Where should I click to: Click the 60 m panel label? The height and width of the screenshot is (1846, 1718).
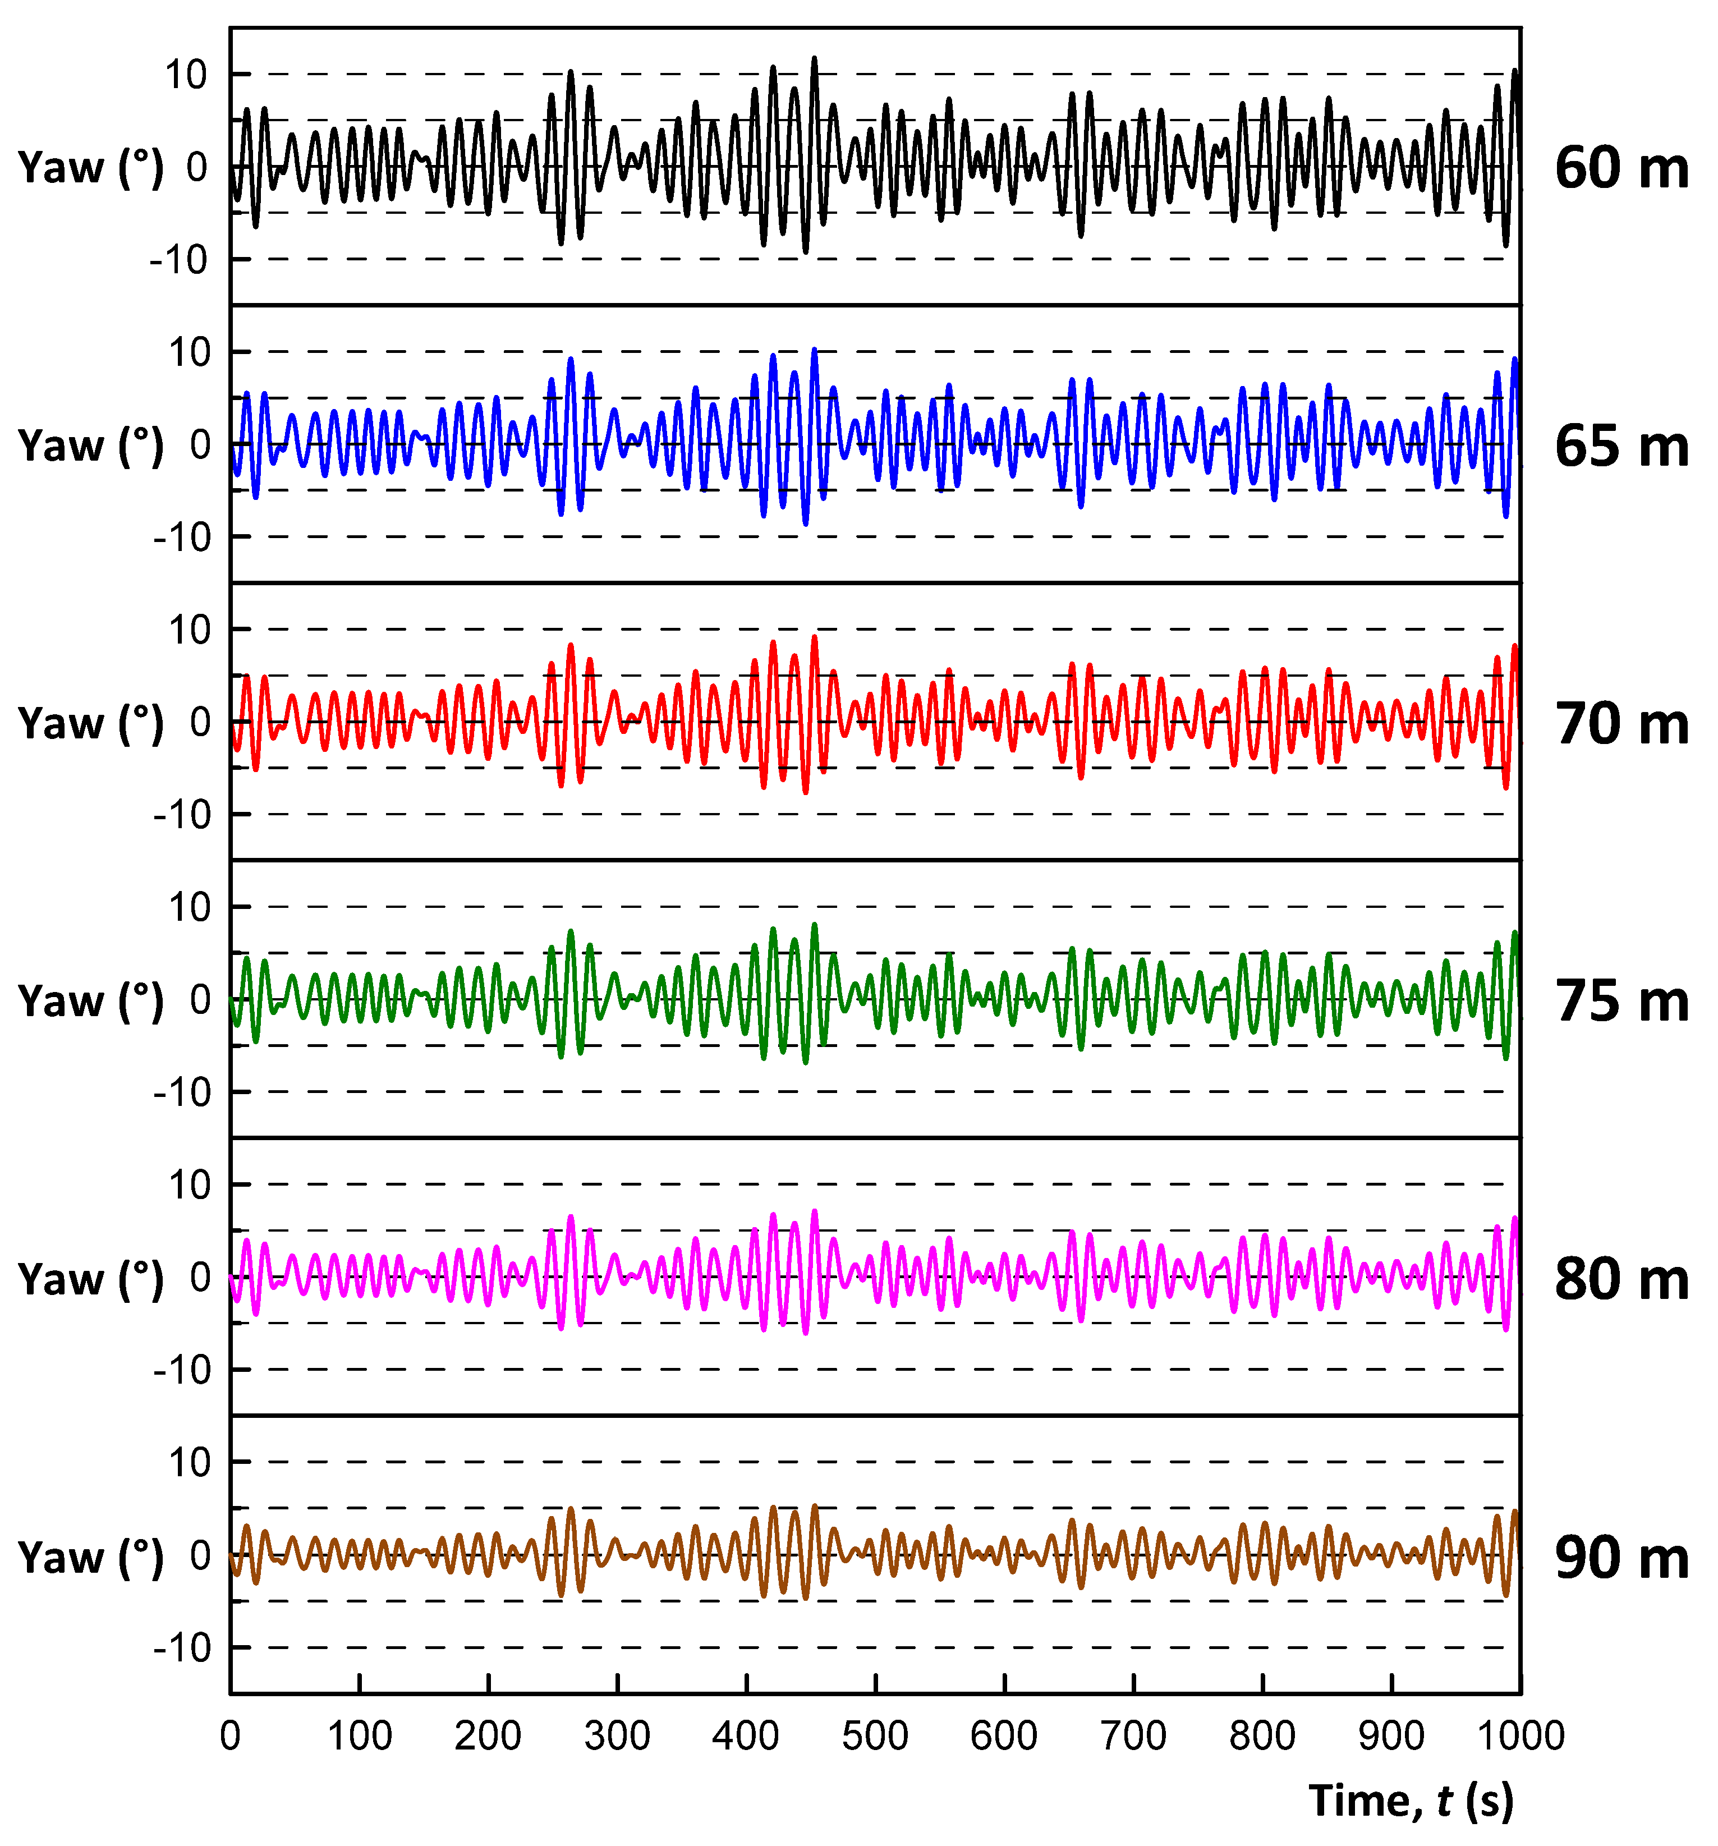coord(1620,168)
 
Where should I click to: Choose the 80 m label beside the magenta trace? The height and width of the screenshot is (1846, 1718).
coord(1620,1279)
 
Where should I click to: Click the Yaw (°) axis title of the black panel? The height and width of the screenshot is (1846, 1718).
coord(90,168)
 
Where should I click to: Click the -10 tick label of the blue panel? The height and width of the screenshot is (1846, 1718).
coord(181,538)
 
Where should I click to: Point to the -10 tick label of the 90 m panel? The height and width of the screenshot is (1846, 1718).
coord(181,1649)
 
